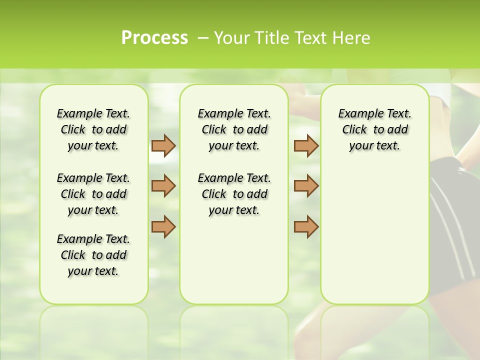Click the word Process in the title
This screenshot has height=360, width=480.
coord(154,38)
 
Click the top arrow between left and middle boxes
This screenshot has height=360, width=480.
coord(163,145)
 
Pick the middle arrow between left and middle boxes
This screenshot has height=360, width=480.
coord(163,186)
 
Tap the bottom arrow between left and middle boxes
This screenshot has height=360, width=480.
coord(163,226)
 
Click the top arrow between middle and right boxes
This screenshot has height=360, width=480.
coord(306,145)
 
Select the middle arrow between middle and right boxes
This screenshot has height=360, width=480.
coord(306,186)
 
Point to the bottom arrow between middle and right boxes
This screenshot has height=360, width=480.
coord(306,226)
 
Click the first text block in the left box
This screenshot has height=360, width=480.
coord(93,129)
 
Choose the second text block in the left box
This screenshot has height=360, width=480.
coord(93,194)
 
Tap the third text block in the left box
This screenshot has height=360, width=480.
coord(93,255)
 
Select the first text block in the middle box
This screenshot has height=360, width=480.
coord(234,129)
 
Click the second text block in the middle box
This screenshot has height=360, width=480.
coord(234,194)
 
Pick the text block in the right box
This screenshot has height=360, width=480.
coord(374,129)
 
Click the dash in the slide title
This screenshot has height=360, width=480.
coord(203,38)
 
